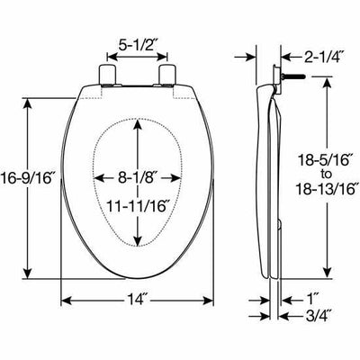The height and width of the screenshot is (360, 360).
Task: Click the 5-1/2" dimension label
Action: pyautogui.click(x=137, y=42)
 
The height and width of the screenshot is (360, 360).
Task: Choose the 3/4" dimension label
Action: pyautogui.click(x=314, y=316)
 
